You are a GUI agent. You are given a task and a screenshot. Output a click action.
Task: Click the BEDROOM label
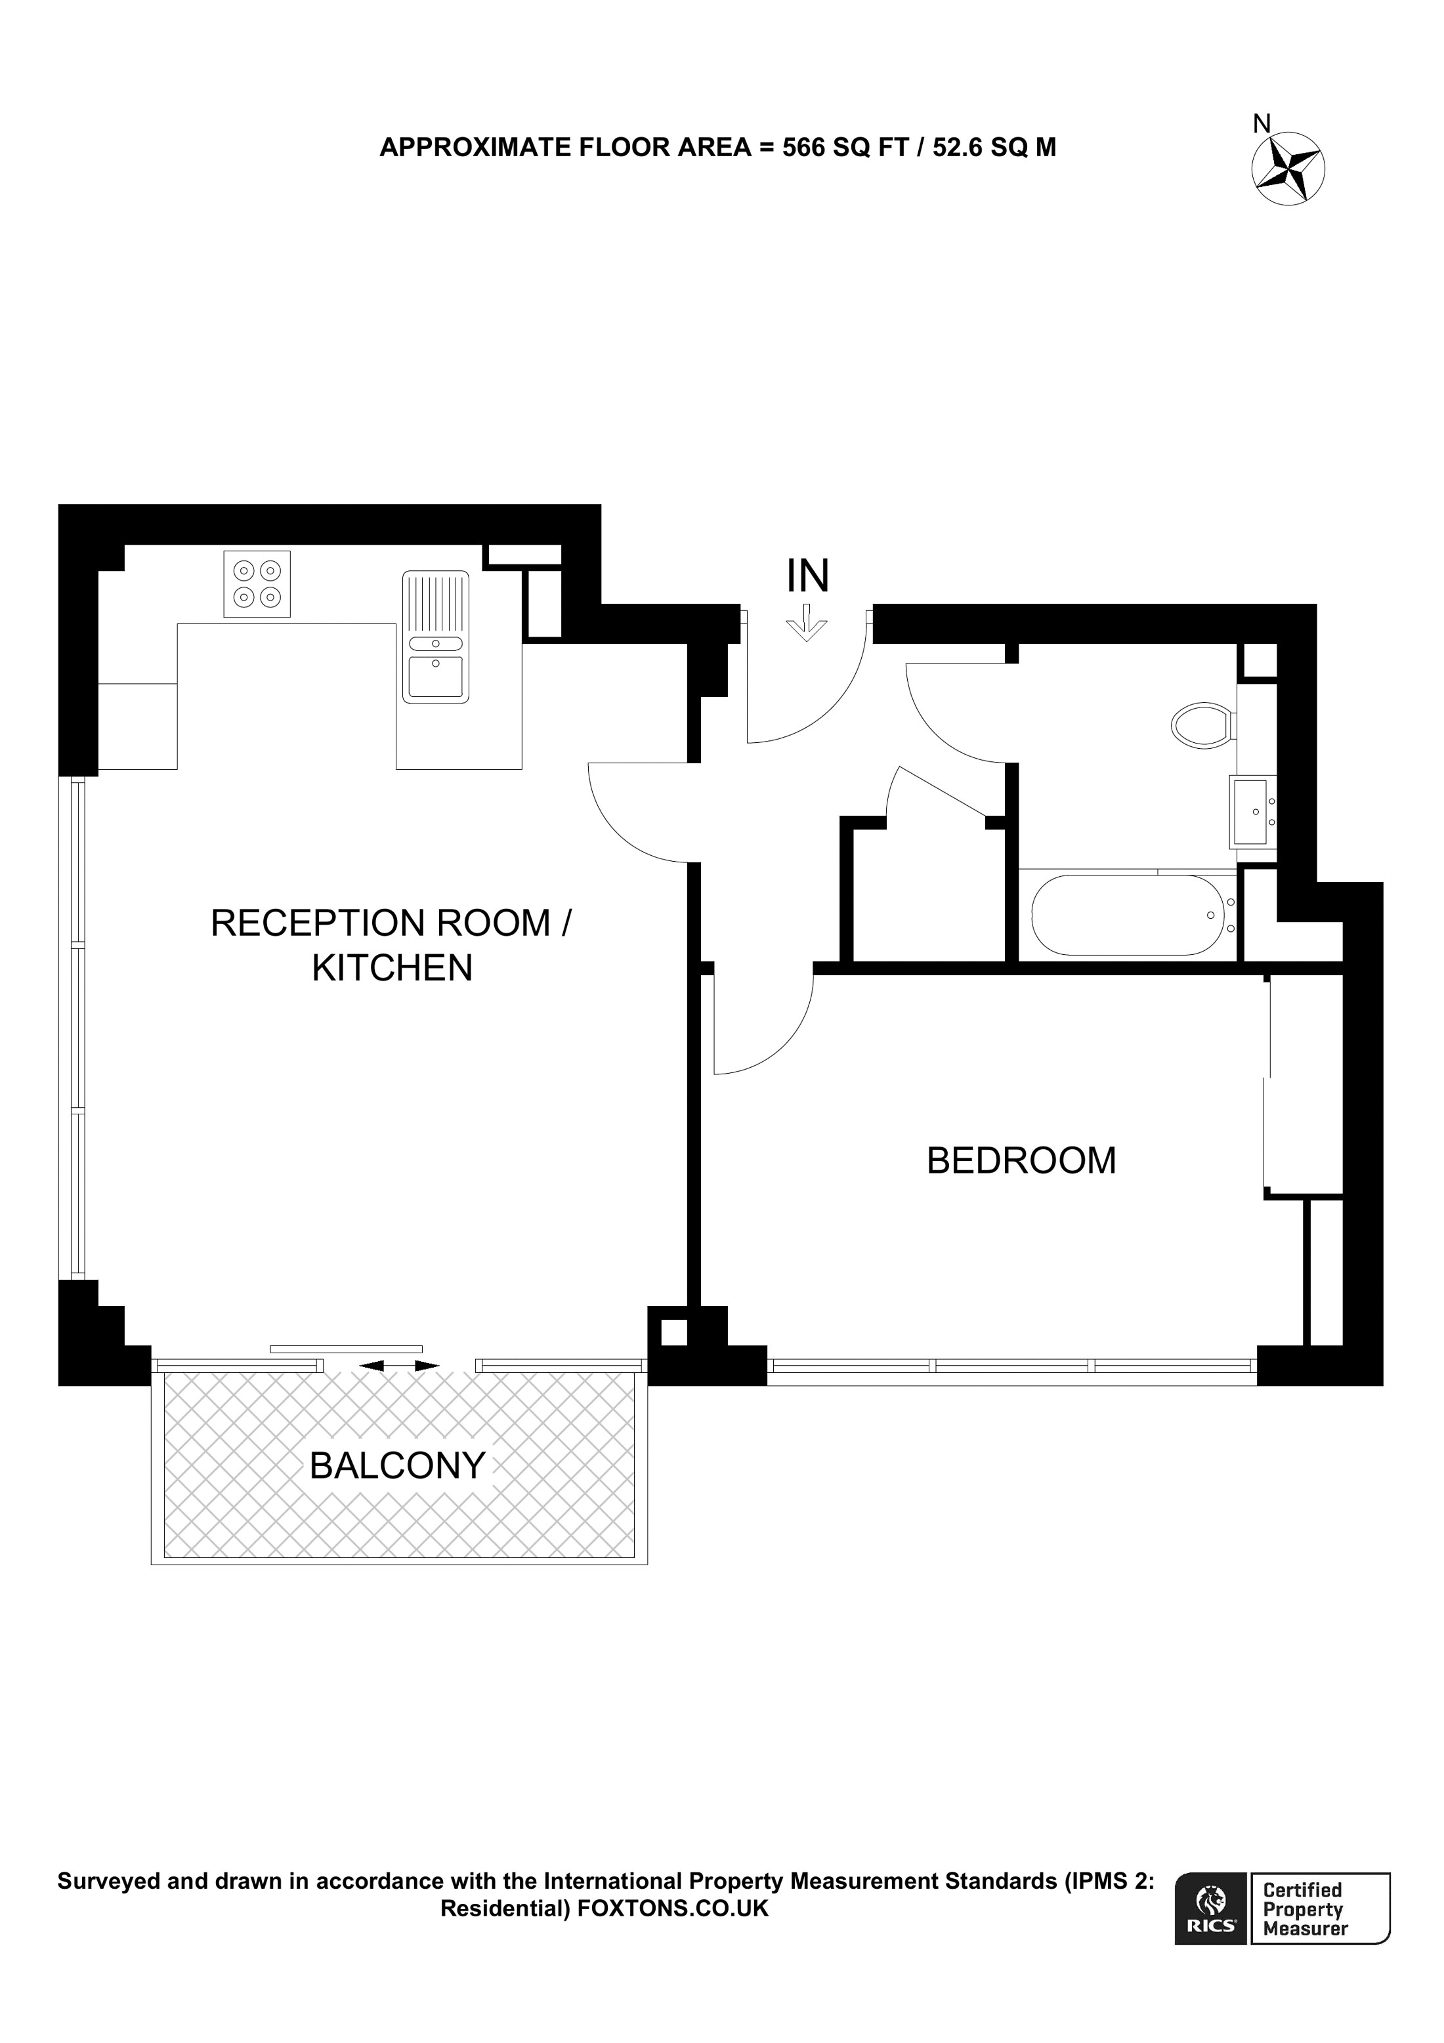[x=1021, y=1160]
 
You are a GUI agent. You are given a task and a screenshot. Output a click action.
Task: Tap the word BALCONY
[x=397, y=1465]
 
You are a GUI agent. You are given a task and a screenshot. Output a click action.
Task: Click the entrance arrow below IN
[x=806, y=623]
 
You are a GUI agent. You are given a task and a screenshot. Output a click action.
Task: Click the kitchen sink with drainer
[x=435, y=637]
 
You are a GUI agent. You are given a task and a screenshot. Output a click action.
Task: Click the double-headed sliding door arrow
[x=400, y=1365]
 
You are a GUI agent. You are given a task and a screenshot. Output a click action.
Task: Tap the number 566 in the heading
[x=803, y=148]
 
